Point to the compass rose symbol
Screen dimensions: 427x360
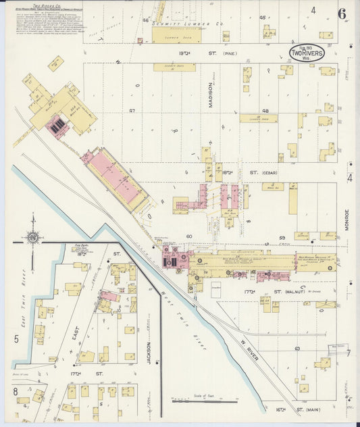[x=32, y=236]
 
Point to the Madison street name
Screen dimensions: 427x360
[x=210, y=94]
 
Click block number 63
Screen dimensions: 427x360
[x=297, y=348]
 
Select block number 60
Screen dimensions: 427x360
[x=189, y=236]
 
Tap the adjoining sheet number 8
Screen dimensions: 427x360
[x=14, y=391]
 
